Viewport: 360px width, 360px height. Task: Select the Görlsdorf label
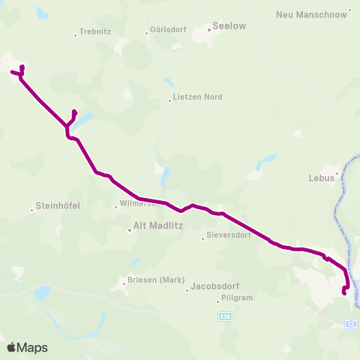[167, 33]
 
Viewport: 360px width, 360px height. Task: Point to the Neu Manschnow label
[311, 14]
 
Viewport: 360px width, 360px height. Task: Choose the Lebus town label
[320, 178]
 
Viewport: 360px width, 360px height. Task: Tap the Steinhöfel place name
[58, 205]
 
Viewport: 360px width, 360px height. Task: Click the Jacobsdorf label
[214, 286]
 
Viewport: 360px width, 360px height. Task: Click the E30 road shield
[226, 317]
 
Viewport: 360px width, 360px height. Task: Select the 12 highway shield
[351, 323]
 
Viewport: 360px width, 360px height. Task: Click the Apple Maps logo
[27, 347]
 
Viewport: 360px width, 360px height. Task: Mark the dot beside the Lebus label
[337, 173]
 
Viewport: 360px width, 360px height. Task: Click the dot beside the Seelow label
[209, 31]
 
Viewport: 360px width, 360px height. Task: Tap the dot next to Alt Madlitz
[129, 230]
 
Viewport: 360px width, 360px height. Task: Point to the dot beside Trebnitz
[76, 34]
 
